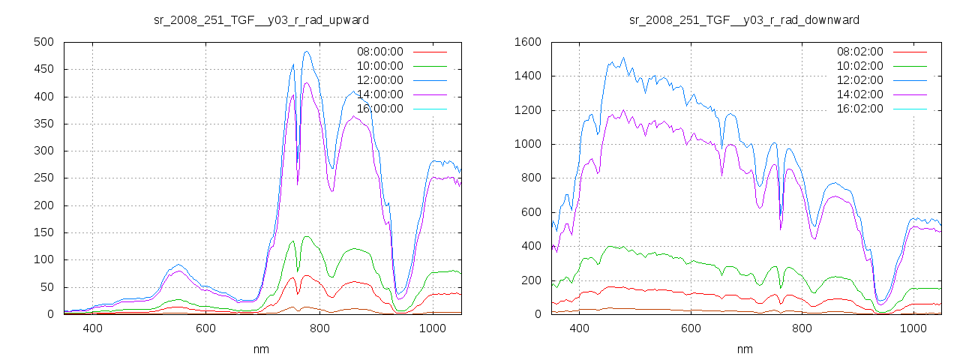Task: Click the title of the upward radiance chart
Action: click(261, 19)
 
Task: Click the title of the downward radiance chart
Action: click(744, 19)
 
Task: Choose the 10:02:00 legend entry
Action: click(860, 66)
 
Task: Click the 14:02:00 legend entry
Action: click(860, 94)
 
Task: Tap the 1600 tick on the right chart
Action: click(527, 42)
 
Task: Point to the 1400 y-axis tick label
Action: click(527, 76)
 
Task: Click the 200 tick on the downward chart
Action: click(530, 280)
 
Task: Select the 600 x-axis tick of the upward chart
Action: click(206, 328)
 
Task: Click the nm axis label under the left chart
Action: click(262, 349)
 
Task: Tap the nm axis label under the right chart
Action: click(745, 349)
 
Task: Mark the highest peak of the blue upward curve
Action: click(307, 52)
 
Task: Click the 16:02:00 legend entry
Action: click(860, 109)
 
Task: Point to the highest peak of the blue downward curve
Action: click(623, 57)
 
